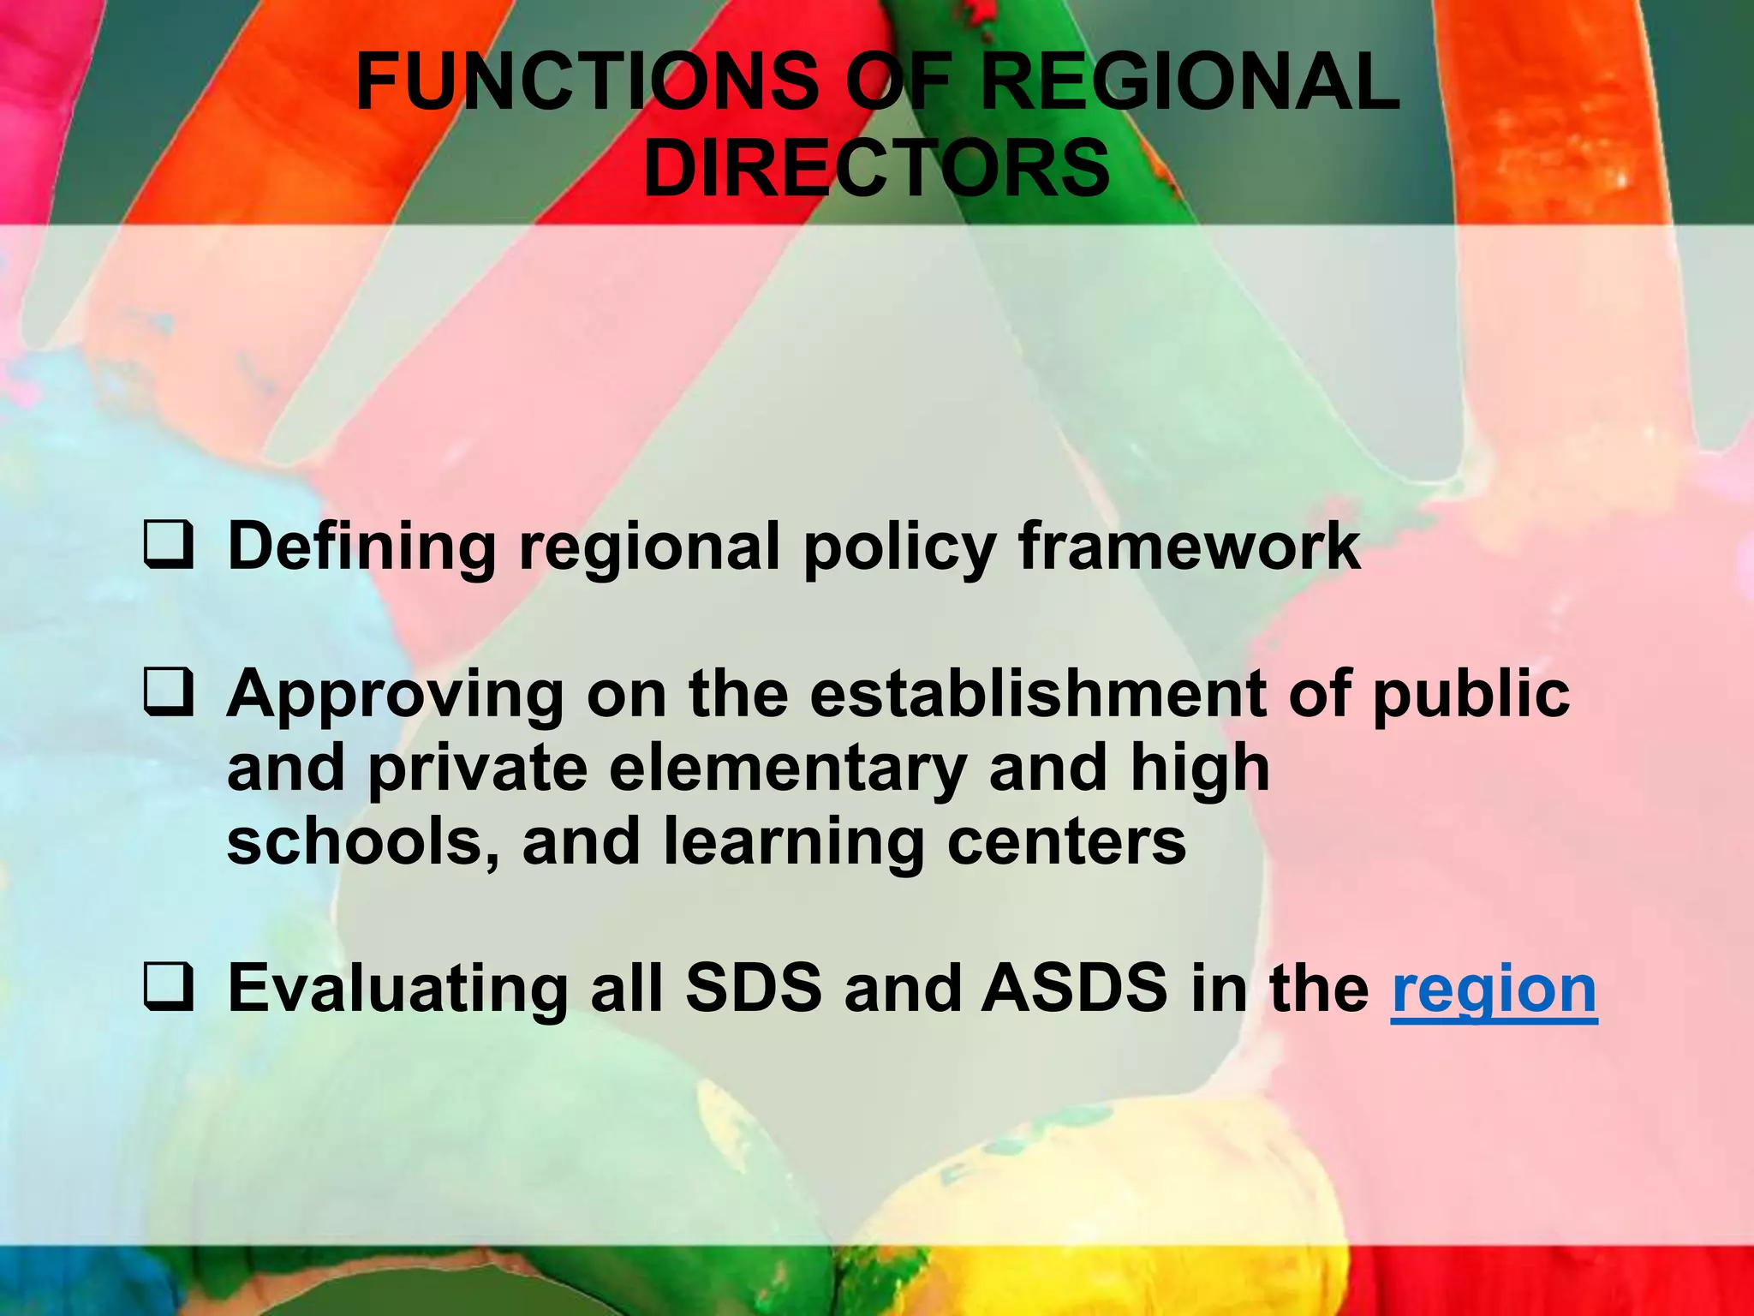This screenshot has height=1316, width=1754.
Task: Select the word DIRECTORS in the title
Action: coord(876,168)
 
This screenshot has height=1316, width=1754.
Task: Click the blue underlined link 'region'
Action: coord(1494,990)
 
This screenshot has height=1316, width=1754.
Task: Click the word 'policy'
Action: coord(899,548)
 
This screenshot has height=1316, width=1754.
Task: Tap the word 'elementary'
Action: coord(788,769)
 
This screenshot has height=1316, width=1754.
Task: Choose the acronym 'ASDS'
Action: coord(1075,989)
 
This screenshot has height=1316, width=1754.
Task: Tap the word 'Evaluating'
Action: coord(397,990)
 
